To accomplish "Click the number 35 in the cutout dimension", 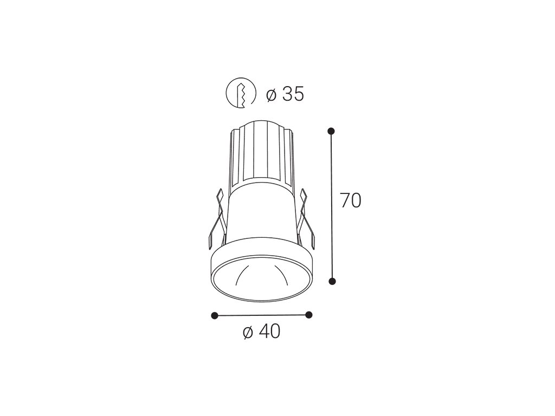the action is (x=293, y=94).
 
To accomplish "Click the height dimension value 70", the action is (x=351, y=200).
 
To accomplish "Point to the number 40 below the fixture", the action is (x=269, y=331).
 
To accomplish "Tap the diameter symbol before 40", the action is (x=248, y=332).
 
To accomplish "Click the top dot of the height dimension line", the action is (x=331, y=131).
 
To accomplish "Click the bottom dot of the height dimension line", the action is (x=332, y=281).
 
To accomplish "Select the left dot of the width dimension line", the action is (x=214, y=315).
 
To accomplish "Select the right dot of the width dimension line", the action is (x=308, y=315).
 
